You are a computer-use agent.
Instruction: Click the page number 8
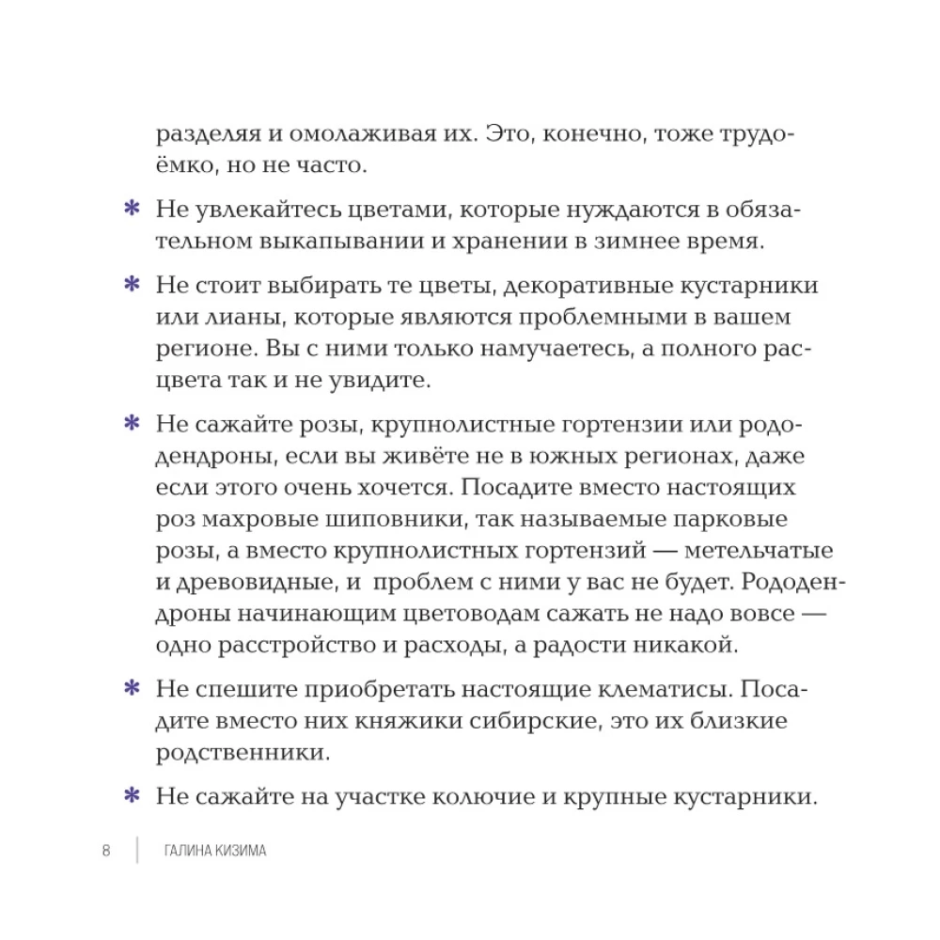pyautogui.click(x=106, y=851)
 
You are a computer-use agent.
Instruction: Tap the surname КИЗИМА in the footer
pyautogui.click(x=237, y=851)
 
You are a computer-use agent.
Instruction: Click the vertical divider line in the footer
pyautogui.click(x=137, y=851)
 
